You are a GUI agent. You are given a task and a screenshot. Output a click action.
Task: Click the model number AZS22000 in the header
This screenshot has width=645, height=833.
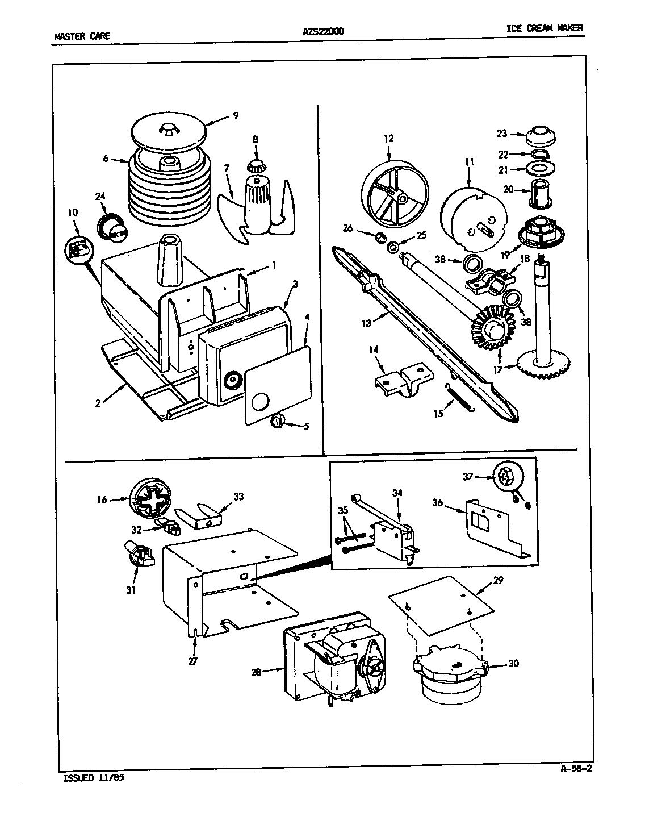323,32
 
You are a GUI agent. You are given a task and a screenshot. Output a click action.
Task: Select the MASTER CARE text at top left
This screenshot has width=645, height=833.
82,36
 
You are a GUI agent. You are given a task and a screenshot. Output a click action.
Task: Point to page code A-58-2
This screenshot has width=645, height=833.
568,769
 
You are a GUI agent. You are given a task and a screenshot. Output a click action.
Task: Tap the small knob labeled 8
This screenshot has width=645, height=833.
256,166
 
